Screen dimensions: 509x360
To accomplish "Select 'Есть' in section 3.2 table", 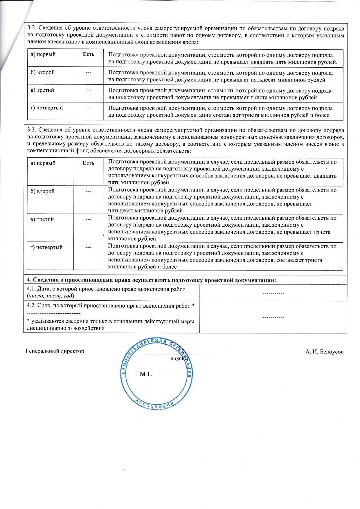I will (89, 54).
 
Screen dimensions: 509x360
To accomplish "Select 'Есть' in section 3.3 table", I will (89, 163).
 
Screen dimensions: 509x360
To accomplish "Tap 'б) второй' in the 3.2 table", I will (43, 72).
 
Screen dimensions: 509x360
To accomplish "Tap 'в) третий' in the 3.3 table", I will (42, 219).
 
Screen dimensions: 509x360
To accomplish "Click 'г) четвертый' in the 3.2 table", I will (47, 108).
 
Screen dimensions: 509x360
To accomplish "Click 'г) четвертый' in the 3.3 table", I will (47, 248).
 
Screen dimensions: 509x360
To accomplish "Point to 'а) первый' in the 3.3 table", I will (43, 163).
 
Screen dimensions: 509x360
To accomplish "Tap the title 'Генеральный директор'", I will (55, 351).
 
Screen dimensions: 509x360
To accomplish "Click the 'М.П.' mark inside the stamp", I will (146, 374).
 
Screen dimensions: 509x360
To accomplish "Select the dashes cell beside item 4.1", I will (273, 293).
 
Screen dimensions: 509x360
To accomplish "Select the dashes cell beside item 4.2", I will (273, 317).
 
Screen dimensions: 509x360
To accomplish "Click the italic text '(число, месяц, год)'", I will (50, 296).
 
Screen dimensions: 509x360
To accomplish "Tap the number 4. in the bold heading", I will (29, 280).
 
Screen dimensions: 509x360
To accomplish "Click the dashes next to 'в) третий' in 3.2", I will (89, 90).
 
